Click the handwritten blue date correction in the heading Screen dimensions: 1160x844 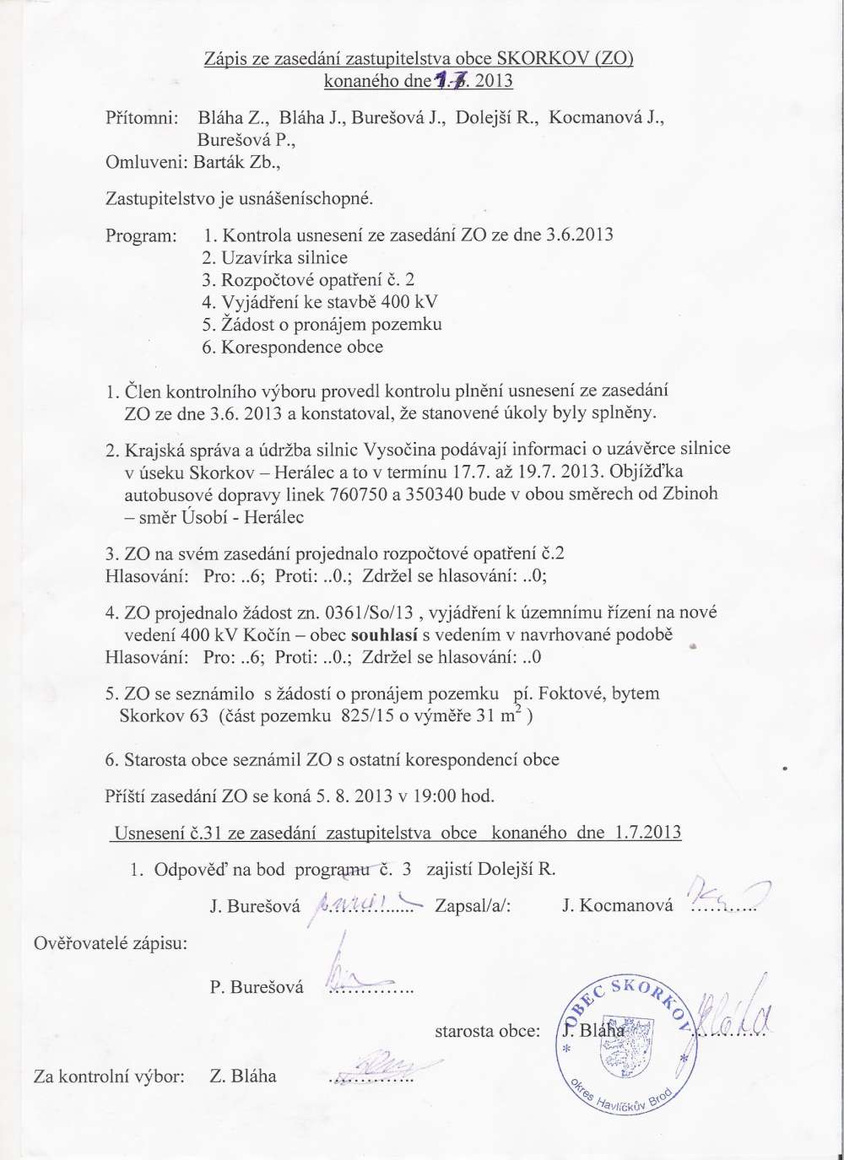pos(452,81)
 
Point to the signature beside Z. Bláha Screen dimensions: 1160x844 pos(371,1068)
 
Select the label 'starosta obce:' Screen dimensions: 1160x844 pos(487,1030)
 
